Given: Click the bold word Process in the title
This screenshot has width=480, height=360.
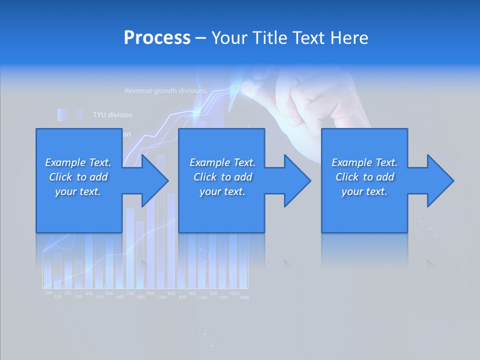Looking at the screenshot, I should pyautogui.click(x=157, y=37).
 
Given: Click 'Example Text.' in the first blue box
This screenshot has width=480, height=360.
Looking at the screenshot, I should pyautogui.click(x=78, y=162).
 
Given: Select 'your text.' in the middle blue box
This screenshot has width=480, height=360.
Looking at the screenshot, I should pyautogui.click(x=222, y=191).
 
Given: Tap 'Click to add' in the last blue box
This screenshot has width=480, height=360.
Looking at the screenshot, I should pyautogui.click(x=364, y=177).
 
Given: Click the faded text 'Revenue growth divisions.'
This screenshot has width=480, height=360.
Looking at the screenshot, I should pyautogui.click(x=165, y=91).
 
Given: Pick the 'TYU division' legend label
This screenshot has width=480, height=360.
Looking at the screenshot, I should pyautogui.click(x=112, y=115).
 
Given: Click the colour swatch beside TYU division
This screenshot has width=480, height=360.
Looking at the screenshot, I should pyautogui.click(x=69, y=115).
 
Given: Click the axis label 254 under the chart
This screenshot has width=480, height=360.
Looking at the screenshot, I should pyautogui.click(x=48, y=292).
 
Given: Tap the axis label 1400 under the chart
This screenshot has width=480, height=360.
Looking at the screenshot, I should pyautogui.click(x=244, y=297).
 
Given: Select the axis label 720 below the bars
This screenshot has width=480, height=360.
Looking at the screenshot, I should pyautogui.click(x=130, y=293).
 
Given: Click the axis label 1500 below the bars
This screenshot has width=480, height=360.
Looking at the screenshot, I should pyautogui.click(x=202, y=297).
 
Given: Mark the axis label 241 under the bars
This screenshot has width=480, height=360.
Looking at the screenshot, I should pyautogui.click(x=68, y=293).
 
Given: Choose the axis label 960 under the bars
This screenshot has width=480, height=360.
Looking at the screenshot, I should pyautogui.click(x=192, y=293).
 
